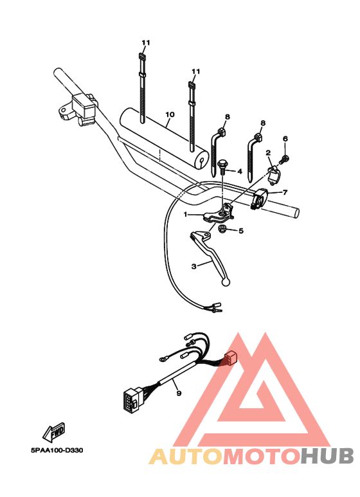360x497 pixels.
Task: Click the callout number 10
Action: point(170,116)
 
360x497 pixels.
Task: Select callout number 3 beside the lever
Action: point(193,265)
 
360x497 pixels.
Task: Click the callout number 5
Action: point(240,231)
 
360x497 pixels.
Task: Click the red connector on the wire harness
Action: point(230,361)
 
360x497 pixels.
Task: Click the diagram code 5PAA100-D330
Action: point(56,450)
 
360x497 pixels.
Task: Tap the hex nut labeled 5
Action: point(221,230)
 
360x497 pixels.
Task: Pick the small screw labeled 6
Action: point(286,157)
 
